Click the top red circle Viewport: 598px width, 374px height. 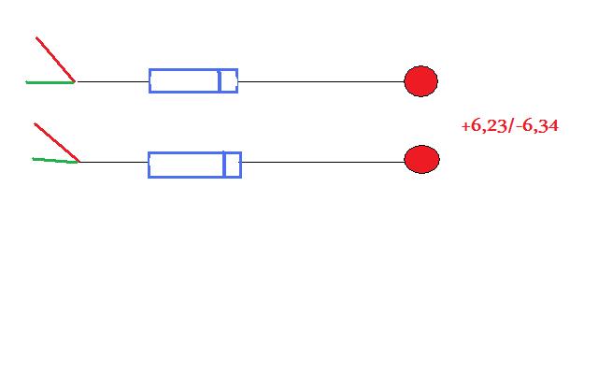click(420, 81)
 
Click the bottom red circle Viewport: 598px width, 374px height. click(421, 159)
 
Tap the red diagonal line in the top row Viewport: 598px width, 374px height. click(55, 59)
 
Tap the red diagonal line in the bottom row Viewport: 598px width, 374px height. click(57, 142)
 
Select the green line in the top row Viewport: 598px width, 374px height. click(50, 82)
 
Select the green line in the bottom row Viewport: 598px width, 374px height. click(56, 160)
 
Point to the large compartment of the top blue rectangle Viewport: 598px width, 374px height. click(184, 81)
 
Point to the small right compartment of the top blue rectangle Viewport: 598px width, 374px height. click(229, 81)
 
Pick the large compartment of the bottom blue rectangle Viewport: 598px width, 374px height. click(186, 165)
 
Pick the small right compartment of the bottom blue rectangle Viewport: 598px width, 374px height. click(233, 165)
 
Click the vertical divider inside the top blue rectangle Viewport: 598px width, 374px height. click(220, 81)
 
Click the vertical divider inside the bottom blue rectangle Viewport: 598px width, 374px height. click(224, 165)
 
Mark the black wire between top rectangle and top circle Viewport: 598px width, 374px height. click(321, 81)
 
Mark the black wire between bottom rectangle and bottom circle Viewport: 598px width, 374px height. click(323, 162)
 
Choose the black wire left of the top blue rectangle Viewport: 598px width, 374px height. click(112, 81)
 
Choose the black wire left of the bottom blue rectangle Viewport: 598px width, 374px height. click(114, 162)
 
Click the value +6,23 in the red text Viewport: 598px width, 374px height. click(484, 125)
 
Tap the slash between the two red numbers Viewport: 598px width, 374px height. click(511, 125)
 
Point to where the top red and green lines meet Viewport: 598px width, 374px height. click(75, 81)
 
